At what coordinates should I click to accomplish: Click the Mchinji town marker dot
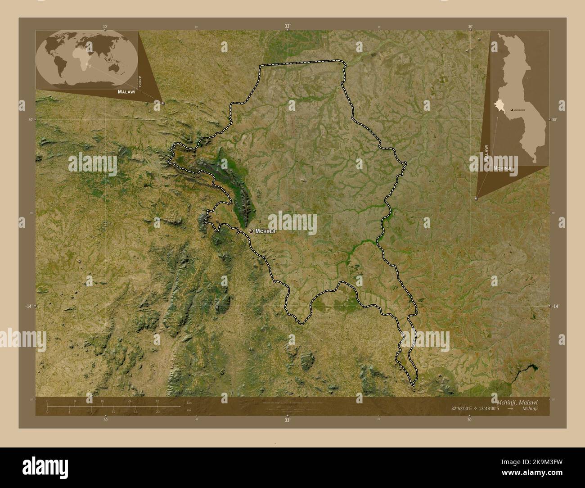251,231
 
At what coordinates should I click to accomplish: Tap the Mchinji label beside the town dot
265,231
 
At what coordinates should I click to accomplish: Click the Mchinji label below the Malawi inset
503,168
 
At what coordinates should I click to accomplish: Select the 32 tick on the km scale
157,401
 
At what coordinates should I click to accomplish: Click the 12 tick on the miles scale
113,411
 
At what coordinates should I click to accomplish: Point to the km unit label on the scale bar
189,402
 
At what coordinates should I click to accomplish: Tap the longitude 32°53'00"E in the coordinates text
462,409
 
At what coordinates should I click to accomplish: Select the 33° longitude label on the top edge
287,27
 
